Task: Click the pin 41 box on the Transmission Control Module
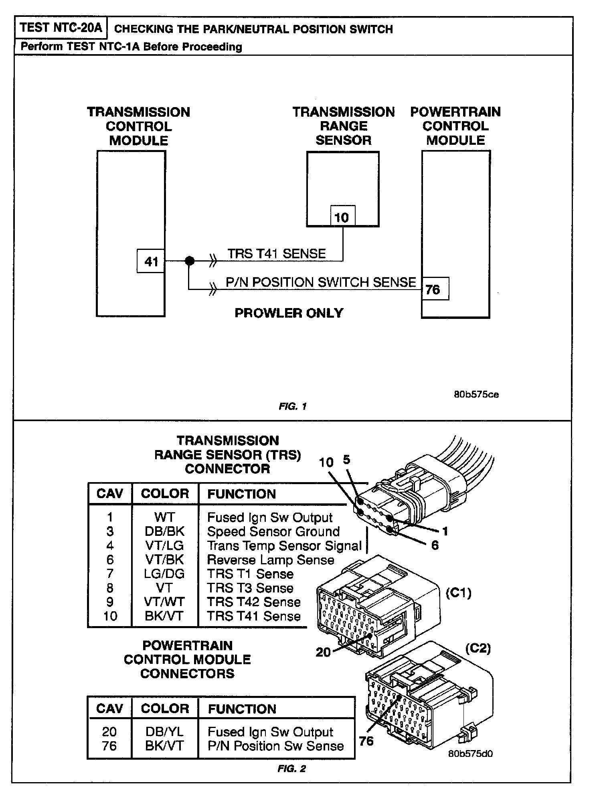pyautogui.click(x=151, y=262)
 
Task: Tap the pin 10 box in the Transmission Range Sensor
pyautogui.click(x=342, y=217)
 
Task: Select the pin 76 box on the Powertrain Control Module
pyautogui.click(x=434, y=289)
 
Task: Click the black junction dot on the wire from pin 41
pyautogui.click(x=190, y=261)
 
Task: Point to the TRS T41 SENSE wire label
pyautogui.click(x=277, y=253)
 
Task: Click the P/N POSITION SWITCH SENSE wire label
pyautogui.click(x=321, y=282)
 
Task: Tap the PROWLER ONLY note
pyautogui.click(x=289, y=313)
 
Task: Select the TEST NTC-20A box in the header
pyautogui.click(x=61, y=28)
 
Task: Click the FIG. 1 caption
pyautogui.click(x=293, y=406)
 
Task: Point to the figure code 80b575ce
pyautogui.click(x=476, y=394)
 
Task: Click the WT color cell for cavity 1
pyautogui.click(x=164, y=517)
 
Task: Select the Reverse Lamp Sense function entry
pyautogui.click(x=271, y=560)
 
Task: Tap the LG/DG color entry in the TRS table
pyautogui.click(x=164, y=574)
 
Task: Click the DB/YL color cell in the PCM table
pyautogui.click(x=164, y=732)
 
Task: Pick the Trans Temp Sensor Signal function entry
pyautogui.click(x=284, y=545)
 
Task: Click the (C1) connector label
pyautogui.click(x=459, y=593)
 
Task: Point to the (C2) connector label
pyautogui.click(x=478, y=648)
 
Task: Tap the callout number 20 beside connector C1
pyautogui.click(x=323, y=652)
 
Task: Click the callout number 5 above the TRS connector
pyautogui.click(x=346, y=459)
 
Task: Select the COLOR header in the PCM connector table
pyautogui.click(x=165, y=709)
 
